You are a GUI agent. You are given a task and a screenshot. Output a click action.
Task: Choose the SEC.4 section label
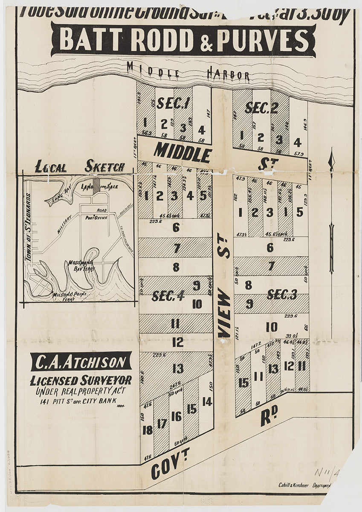coord(168,295)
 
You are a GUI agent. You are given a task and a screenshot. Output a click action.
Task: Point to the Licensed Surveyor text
coord(81,381)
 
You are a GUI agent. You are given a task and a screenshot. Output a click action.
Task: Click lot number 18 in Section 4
coord(147,430)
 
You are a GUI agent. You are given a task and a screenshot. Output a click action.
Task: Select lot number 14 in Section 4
coord(207,401)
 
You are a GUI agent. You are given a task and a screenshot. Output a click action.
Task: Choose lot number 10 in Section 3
coord(271,327)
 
